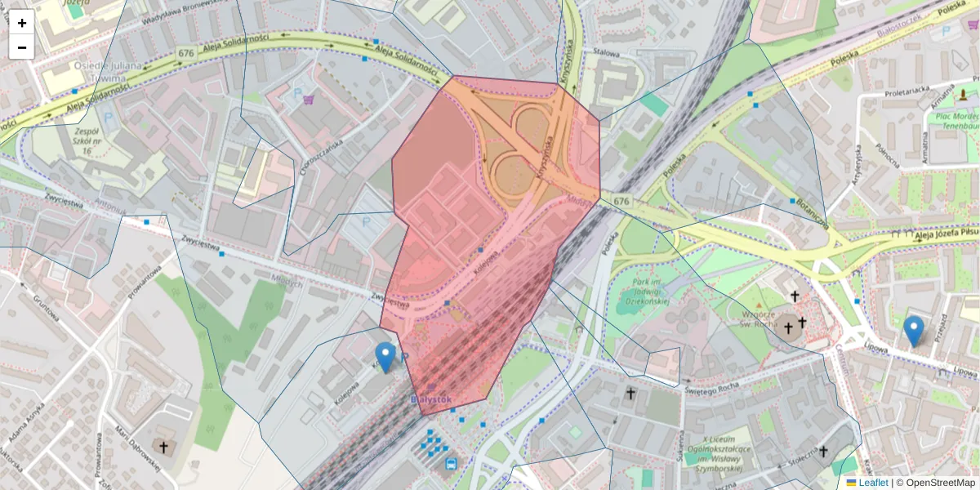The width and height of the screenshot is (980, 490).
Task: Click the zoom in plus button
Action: (x=22, y=23)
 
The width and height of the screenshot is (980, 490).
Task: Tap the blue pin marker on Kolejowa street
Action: (x=385, y=357)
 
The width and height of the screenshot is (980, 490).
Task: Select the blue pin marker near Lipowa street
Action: (x=914, y=331)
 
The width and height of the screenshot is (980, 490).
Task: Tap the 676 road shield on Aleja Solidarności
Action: (x=185, y=53)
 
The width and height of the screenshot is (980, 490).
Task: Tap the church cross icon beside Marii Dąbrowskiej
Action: (x=163, y=447)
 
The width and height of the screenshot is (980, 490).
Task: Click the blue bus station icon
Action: (x=451, y=464)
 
